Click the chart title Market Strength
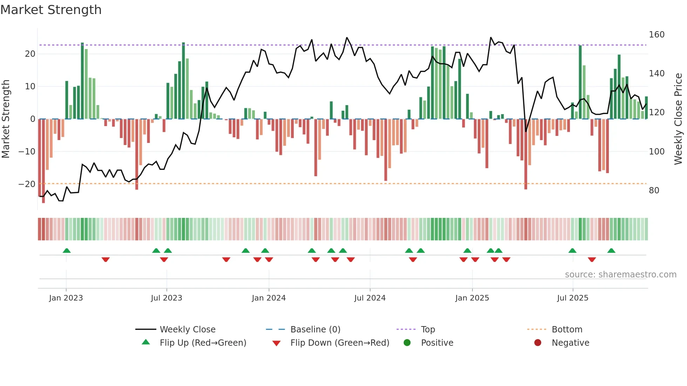click(x=51, y=10)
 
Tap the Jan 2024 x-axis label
click(x=268, y=298)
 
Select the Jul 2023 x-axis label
click(x=166, y=298)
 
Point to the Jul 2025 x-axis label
click(x=572, y=298)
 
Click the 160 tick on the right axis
click(x=656, y=35)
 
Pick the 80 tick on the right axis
click(x=654, y=191)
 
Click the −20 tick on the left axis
click(x=27, y=184)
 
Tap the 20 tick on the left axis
click(x=30, y=54)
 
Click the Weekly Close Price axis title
click(x=678, y=119)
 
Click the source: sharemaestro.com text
click(x=620, y=275)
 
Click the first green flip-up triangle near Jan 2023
click(x=67, y=250)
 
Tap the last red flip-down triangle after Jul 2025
click(x=592, y=260)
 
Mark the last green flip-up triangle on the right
click(x=611, y=250)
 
